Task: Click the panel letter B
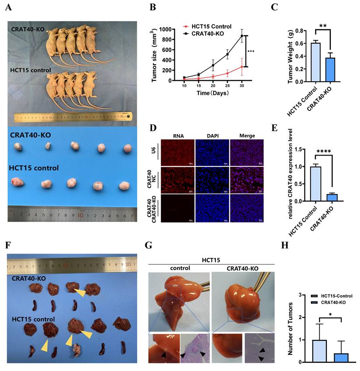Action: point(152,7)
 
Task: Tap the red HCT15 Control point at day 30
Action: point(241,66)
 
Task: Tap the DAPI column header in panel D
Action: point(212,136)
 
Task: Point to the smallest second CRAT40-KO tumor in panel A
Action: point(48,146)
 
